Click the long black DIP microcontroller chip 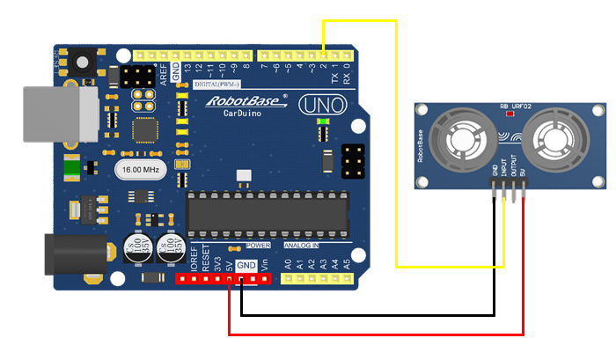[x=266, y=214]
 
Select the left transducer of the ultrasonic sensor [x=465, y=139]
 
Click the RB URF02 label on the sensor [x=516, y=106]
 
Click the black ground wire [x=370, y=314]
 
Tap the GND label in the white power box [x=246, y=265]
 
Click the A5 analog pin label [x=347, y=263]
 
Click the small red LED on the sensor [x=506, y=114]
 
